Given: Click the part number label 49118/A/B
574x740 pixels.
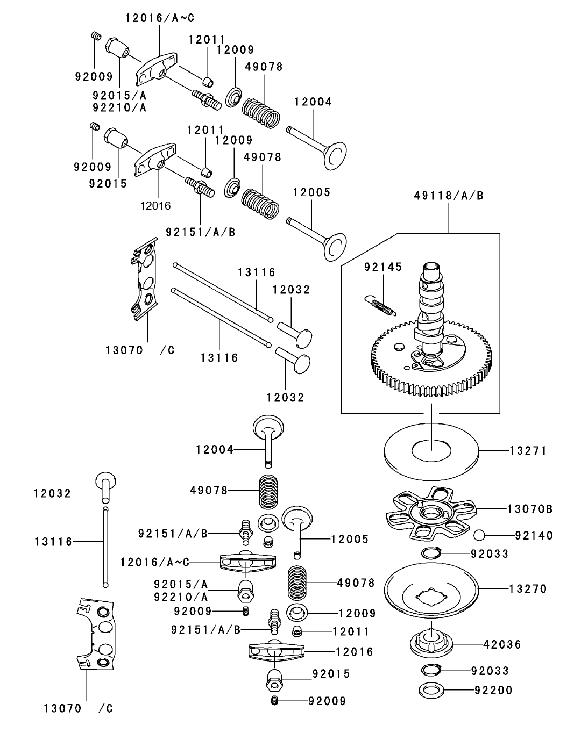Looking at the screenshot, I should (x=448, y=196).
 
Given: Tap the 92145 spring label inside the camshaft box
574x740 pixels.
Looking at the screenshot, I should (x=382, y=267).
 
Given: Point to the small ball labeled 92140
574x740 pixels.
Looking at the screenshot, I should (x=480, y=535).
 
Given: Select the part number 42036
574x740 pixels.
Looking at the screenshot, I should (x=502, y=644).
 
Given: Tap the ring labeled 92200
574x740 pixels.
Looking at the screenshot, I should (x=493, y=690).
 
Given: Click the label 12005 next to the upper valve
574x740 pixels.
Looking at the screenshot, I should (x=311, y=192).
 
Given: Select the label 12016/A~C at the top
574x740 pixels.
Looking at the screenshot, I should (x=160, y=18).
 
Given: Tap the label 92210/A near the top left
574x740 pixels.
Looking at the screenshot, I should (x=119, y=107).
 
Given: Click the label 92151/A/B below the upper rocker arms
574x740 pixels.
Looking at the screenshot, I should (x=200, y=232).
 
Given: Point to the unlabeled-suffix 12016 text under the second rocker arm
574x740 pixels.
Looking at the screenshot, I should (x=155, y=205).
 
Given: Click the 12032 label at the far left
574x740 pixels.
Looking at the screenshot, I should (x=52, y=493).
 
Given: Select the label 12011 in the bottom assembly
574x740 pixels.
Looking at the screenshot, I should (x=351, y=631).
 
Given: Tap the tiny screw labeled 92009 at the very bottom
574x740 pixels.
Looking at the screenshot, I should (x=275, y=700).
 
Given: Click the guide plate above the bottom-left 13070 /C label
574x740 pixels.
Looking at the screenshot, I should (x=95, y=634).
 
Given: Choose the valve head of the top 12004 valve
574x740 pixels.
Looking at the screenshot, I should (x=335, y=152).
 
